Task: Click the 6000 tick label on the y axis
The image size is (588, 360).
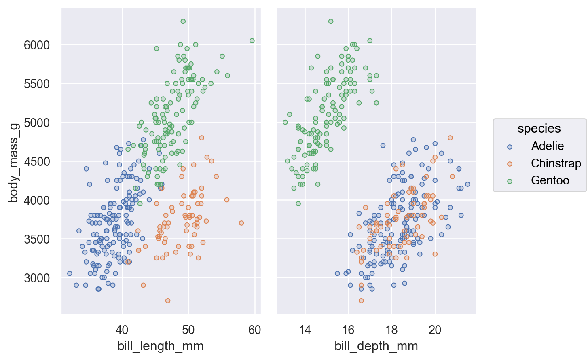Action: [x=37, y=45]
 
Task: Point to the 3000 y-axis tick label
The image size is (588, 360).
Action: [x=37, y=278]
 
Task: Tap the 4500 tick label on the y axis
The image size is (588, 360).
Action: [x=37, y=161]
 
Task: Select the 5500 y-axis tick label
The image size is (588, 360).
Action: [x=37, y=84]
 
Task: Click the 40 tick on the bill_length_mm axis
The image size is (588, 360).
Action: [x=122, y=330]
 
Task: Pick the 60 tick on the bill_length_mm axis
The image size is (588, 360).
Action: [x=255, y=330]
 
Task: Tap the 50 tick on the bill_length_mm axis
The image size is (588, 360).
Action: [x=188, y=330]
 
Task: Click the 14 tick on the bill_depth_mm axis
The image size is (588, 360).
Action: [x=305, y=330]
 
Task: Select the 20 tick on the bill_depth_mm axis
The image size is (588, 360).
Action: [x=435, y=330]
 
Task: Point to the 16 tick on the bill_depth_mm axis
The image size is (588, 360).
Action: [x=348, y=330]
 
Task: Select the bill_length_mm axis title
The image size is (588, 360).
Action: [x=161, y=346]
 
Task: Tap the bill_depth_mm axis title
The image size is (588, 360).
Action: [x=376, y=346]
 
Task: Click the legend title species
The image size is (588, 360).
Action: [x=539, y=129]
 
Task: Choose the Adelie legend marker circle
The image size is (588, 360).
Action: [x=510, y=147]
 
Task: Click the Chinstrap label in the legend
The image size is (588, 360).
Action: [x=556, y=163]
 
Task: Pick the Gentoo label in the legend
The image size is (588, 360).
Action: [x=550, y=180]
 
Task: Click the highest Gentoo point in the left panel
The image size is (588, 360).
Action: [x=183, y=21]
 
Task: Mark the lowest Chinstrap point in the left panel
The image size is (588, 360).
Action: [x=168, y=301]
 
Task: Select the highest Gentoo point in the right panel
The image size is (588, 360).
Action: [x=331, y=21]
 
